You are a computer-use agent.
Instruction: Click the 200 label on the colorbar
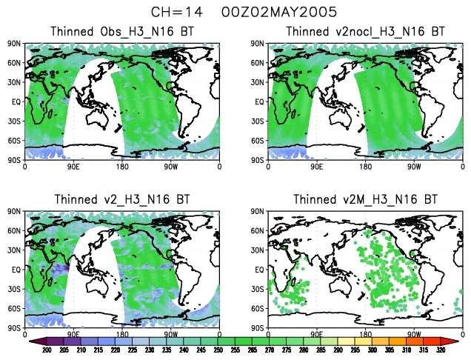46,350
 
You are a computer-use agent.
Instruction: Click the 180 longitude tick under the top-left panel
122,167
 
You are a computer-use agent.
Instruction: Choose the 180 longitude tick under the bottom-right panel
365,335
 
